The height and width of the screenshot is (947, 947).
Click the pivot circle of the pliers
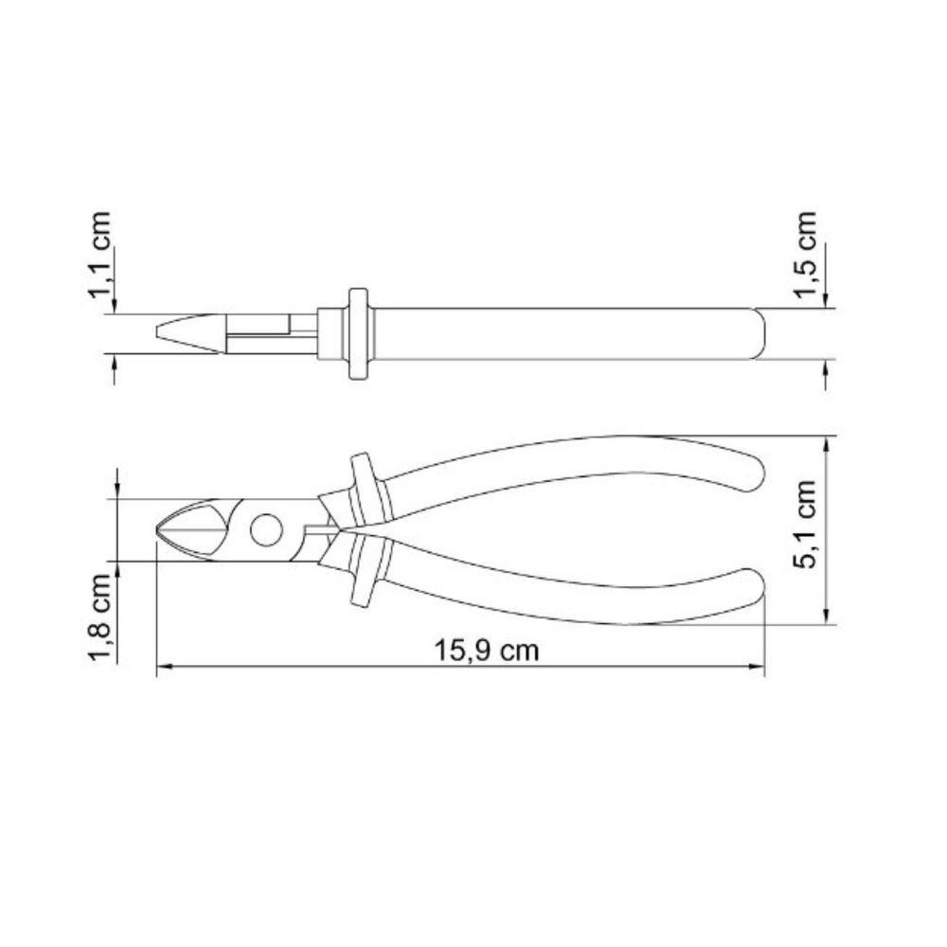coord(266,529)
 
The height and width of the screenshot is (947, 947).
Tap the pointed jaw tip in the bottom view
coord(159,530)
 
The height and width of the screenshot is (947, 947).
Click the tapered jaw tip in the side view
coord(161,333)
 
